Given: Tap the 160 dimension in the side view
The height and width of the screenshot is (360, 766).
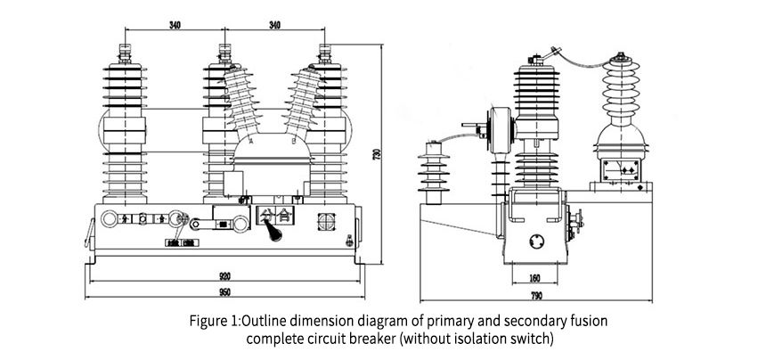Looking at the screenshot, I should (x=535, y=277).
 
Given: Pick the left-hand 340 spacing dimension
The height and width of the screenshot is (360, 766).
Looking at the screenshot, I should (x=174, y=26).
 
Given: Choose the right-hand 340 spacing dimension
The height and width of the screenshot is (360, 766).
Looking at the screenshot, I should (x=274, y=26).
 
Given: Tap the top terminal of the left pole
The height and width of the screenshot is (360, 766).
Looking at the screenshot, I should (x=124, y=46).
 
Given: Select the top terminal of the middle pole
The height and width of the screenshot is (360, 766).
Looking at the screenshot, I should (x=224, y=46).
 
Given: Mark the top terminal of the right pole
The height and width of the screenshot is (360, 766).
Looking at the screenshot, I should (x=324, y=46).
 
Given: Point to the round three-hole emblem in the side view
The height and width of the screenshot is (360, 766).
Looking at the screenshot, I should (x=537, y=240).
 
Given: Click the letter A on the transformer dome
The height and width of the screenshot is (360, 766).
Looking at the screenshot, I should (x=254, y=142).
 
